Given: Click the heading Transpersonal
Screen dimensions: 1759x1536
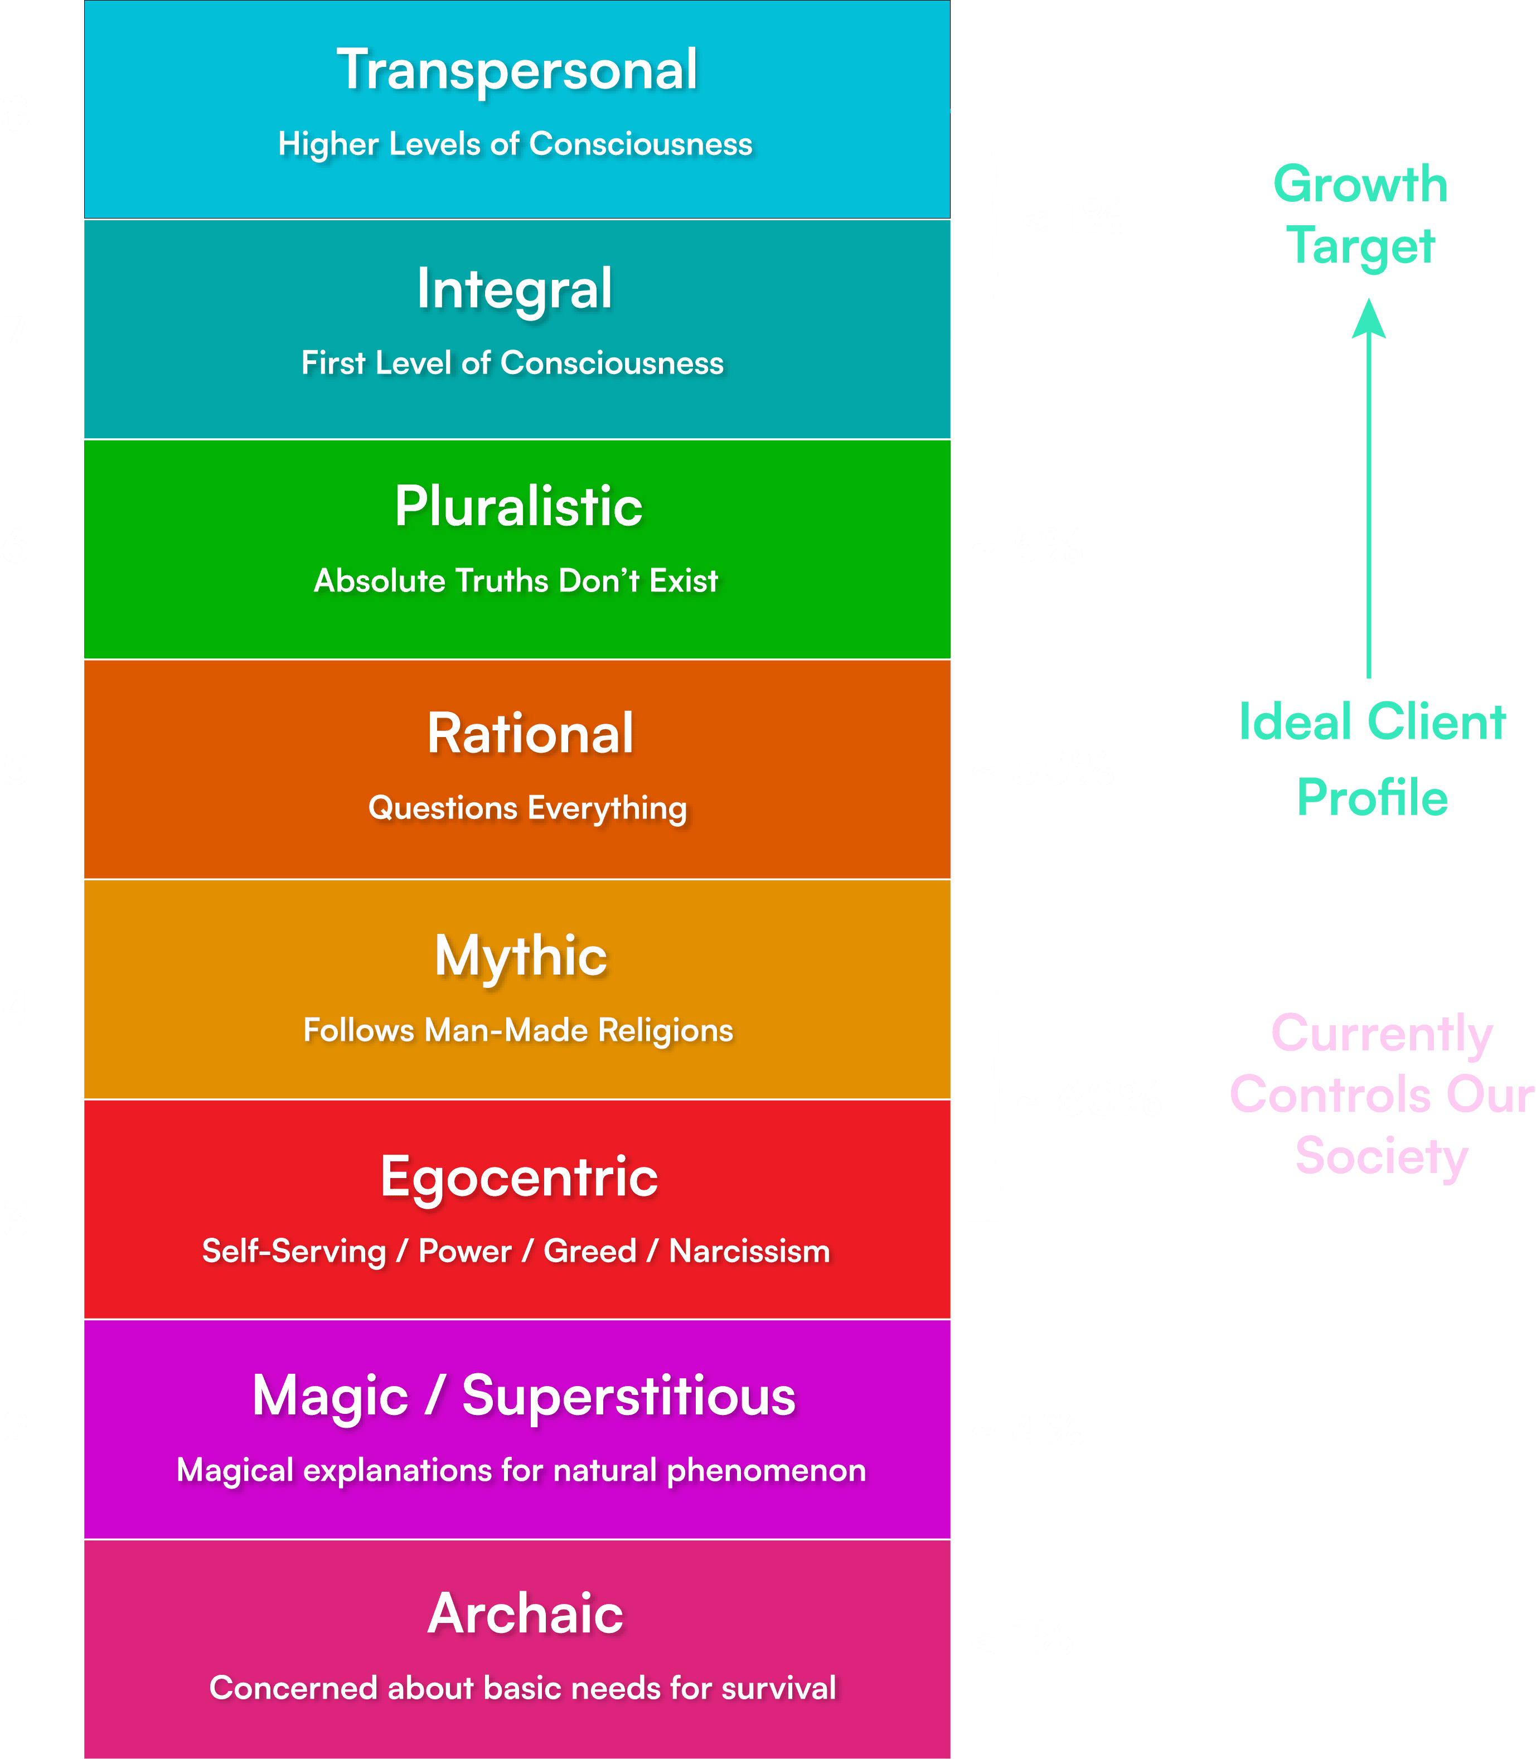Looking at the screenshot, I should pos(517,70).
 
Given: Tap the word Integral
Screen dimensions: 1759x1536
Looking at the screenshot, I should pos(514,289).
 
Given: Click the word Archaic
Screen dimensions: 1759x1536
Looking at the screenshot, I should pos(525,1613).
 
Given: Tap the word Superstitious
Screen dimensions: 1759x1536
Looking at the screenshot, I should pos(628,1395).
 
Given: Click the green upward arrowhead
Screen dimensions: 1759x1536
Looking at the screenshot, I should pos(1369,319).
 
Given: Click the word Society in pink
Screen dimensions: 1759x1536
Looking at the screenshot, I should pos(1381,1156).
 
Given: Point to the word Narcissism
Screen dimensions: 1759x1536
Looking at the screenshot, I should pos(749,1252).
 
